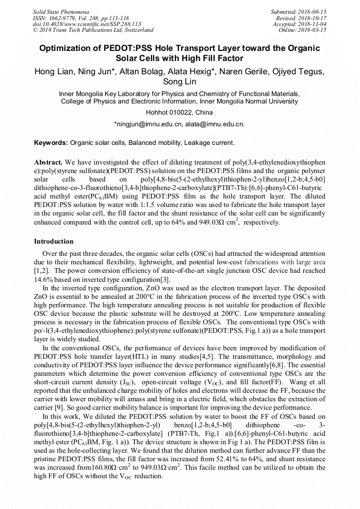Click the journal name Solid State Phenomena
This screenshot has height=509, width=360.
[x=61, y=11]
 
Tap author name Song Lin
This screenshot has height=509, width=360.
[x=180, y=82]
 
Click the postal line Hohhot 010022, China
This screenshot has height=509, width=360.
[x=179, y=113]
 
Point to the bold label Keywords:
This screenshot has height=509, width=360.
[x=51, y=143]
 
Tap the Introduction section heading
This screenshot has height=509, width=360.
[x=54, y=241]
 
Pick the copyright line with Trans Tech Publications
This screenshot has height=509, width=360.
[x=93, y=30]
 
